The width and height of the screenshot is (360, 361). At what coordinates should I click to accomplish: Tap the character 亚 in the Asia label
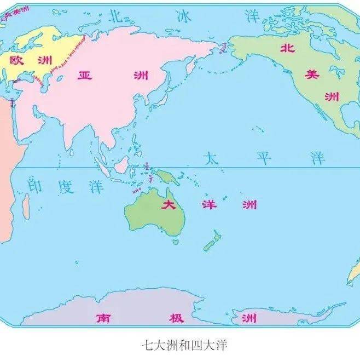coord(84,75)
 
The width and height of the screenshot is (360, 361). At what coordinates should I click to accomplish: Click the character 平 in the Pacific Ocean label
coord(264,159)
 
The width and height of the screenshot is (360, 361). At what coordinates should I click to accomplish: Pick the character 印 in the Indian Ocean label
coord(35,186)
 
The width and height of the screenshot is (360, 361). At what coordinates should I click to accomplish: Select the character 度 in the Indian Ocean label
coord(65,186)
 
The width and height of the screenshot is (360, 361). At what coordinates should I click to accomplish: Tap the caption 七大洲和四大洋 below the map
coord(180,345)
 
